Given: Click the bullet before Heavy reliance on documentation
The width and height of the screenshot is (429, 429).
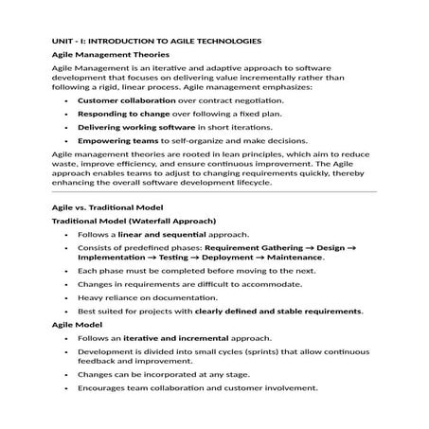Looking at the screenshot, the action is pyautogui.click(x=64, y=296).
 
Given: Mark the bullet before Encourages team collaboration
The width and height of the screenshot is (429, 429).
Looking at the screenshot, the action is pyautogui.click(x=64, y=387).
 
